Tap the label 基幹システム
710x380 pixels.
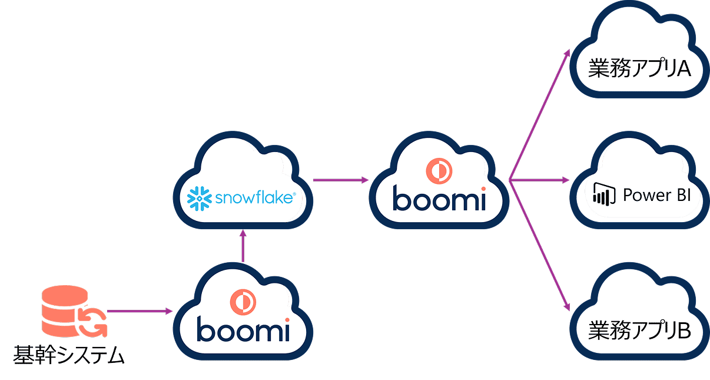(69, 355)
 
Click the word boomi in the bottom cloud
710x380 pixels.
(244, 330)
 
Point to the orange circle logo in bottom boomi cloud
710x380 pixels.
(244, 302)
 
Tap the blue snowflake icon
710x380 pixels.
(199, 199)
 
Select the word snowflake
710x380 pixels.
(254, 197)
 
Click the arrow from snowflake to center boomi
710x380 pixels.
(340, 179)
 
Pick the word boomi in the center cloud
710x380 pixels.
(439, 199)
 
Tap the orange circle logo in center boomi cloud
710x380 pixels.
(439, 170)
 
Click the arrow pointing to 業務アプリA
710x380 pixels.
(539, 115)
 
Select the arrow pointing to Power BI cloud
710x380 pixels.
(539, 179)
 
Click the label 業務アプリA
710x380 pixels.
(639, 69)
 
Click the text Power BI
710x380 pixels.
(656, 194)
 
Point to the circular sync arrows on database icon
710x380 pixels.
(93, 322)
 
